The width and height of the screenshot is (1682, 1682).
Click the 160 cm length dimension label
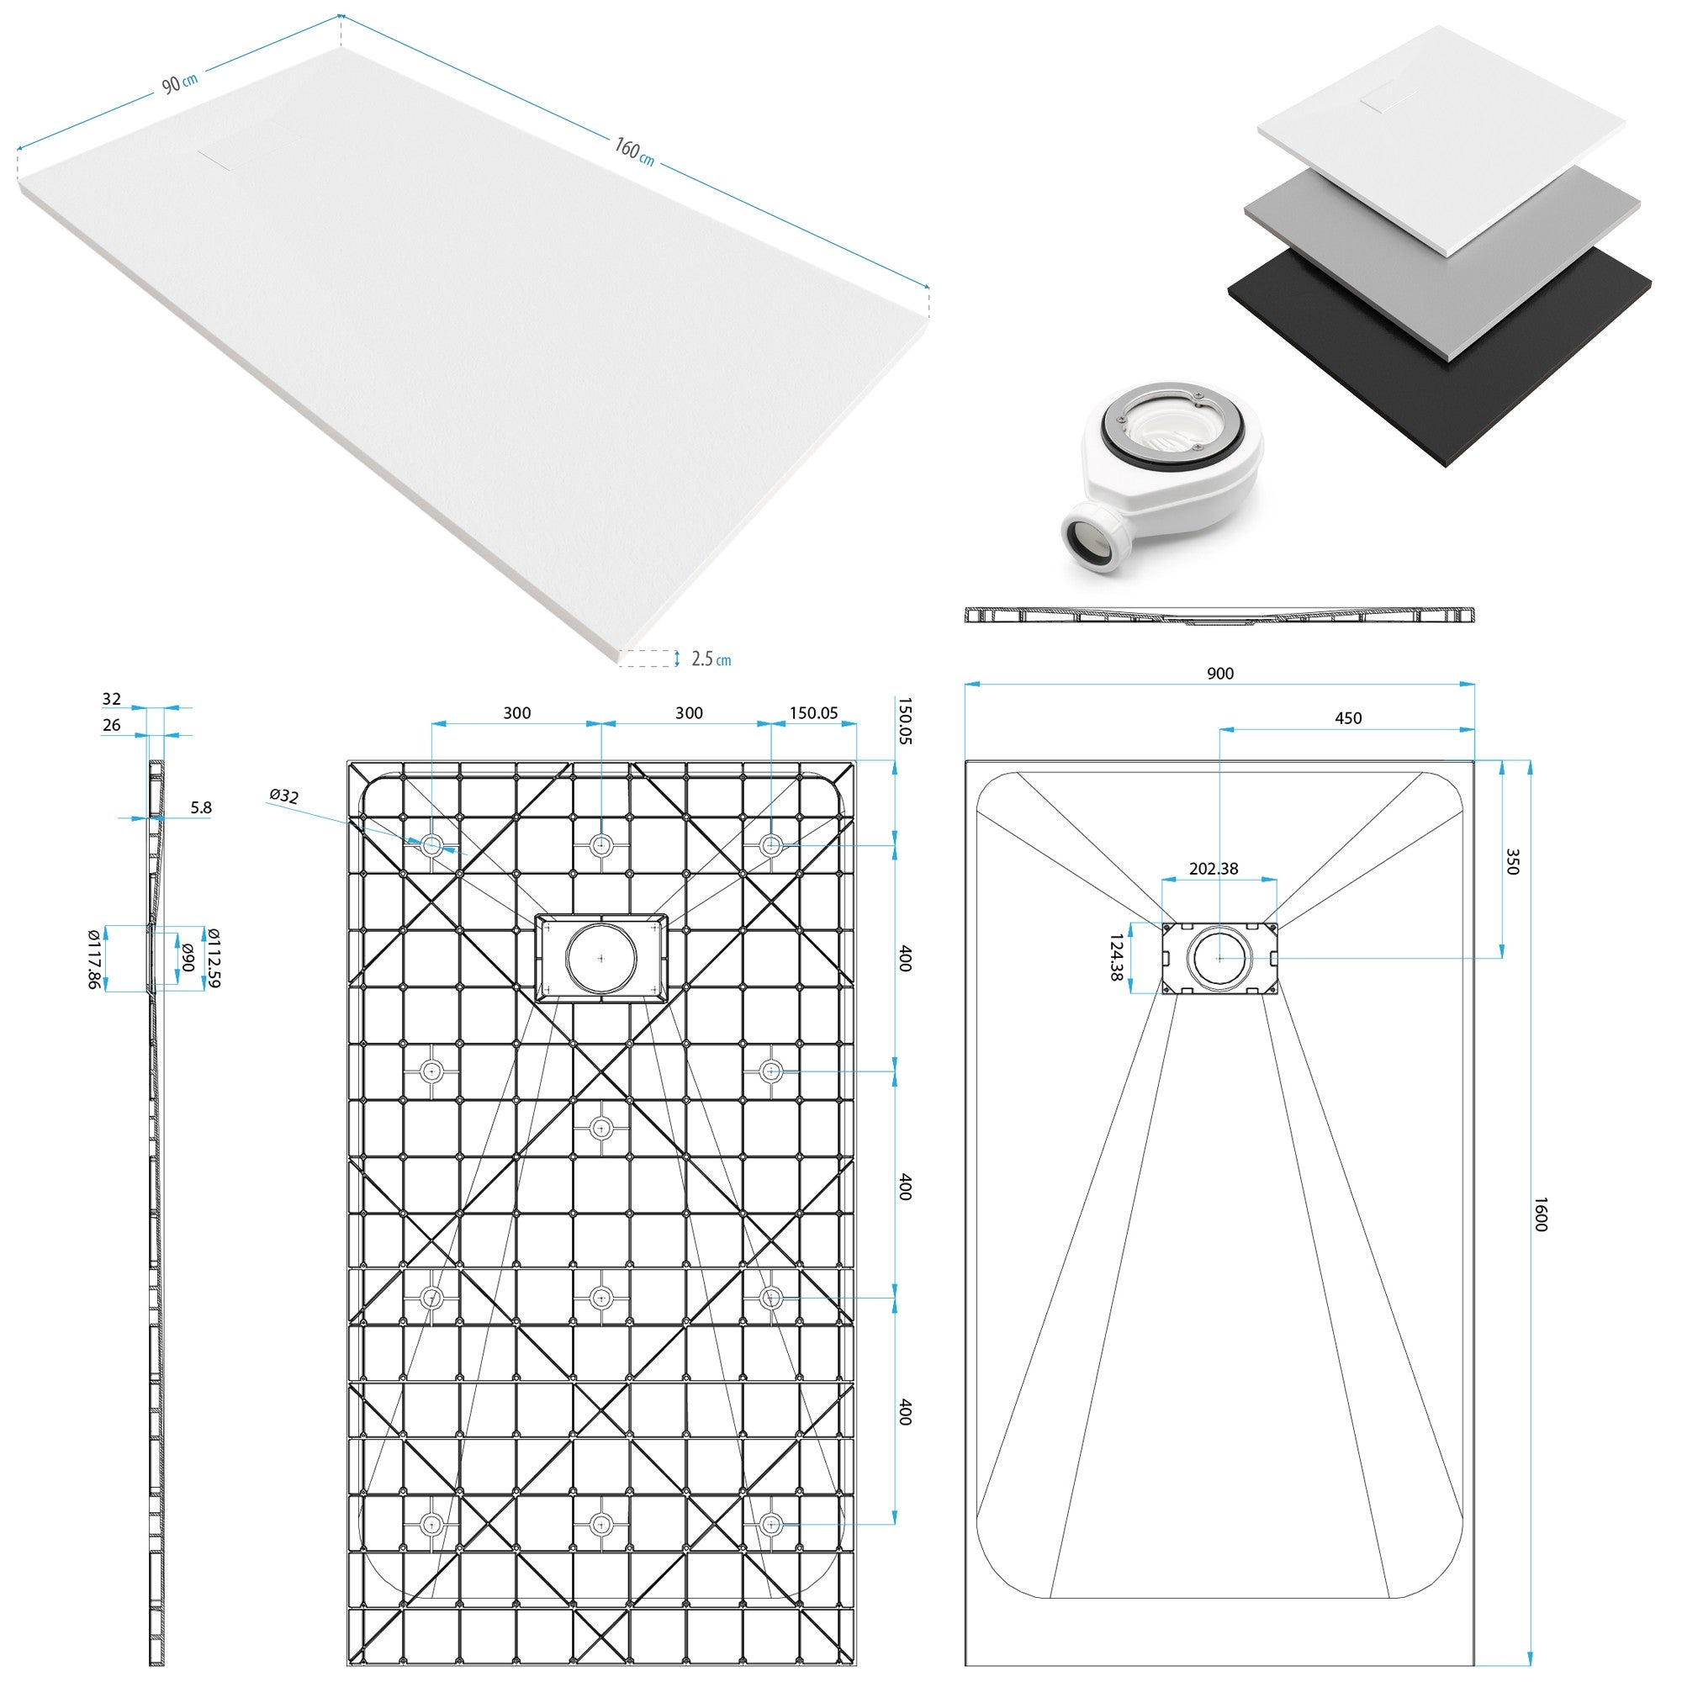(634, 151)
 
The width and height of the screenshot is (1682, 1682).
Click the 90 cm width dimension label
(180, 82)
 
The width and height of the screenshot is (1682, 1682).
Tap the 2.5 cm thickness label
(711, 659)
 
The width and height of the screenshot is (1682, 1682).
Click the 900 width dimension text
(1219, 673)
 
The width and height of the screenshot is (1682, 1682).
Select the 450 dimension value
(1347, 718)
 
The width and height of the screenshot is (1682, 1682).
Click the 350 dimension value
(1512, 862)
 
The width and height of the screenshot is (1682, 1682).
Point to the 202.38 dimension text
(1214, 868)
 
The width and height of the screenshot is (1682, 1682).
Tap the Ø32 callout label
(283, 795)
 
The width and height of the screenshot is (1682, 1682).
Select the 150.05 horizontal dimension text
(813, 713)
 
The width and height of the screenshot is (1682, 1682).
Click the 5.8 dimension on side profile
(201, 808)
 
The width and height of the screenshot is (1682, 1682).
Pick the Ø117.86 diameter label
(95, 959)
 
